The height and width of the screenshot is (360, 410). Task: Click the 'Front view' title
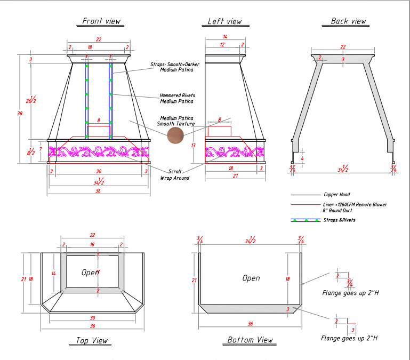point(101,21)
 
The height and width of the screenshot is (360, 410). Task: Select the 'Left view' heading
point(224,21)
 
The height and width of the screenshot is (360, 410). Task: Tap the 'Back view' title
point(349,21)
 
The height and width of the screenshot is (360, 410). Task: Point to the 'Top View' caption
point(88,341)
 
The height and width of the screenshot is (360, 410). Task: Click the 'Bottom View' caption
point(250,340)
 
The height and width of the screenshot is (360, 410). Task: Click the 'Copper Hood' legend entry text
point(337,195)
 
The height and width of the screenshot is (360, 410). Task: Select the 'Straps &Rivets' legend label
point(339,220)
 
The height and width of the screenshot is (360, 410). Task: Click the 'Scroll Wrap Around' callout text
point(175,174)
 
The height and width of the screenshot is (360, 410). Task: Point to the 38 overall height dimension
point(20,113)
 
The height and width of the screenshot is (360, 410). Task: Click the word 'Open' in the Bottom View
point(251,278)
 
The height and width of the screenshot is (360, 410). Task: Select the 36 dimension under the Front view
point(98,191)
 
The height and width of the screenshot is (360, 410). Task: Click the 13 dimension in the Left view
point(194,145)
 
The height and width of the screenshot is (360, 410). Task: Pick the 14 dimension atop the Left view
point(225,37)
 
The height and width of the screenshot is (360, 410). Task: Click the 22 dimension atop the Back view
point(343,47)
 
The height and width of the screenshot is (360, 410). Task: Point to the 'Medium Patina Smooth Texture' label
point(176,121)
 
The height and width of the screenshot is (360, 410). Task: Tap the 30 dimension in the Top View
point(92,317)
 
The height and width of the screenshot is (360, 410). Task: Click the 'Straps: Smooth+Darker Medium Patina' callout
point(174,67)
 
